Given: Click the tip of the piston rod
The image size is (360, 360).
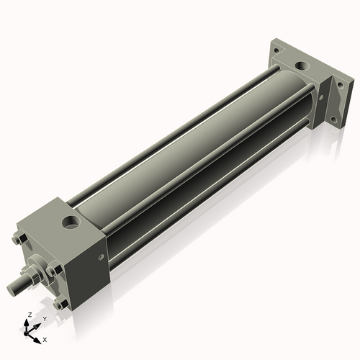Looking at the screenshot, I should pos(12,290).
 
